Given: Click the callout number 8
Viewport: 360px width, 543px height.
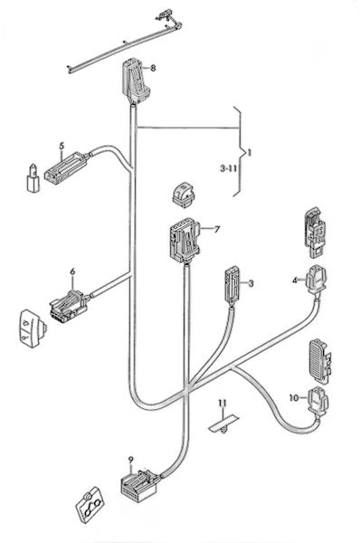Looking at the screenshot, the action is [x=153, y=68].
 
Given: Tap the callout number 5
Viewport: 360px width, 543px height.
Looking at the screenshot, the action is [x=62, y=146].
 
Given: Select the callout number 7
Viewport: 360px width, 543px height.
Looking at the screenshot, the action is [x=217, y=229].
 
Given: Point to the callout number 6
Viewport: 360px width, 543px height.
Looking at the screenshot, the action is [x=72, y=271].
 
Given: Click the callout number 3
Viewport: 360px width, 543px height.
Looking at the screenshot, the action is [x=251, y=283].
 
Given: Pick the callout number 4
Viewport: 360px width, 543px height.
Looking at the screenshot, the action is [x=295, y=281].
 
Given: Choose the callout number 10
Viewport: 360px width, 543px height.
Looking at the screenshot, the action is [x=294, y=398].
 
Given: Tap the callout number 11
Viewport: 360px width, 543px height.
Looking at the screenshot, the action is [x=222, y=403].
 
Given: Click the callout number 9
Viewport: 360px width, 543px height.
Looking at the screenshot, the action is [x=130, y=460].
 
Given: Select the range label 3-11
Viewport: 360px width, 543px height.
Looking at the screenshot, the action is [x=228, y=168].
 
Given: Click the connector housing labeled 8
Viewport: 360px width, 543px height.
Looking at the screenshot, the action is [x=136, y=81].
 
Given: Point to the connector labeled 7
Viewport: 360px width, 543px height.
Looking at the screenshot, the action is [x=185, y=241].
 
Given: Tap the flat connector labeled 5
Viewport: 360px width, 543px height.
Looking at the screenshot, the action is [x=66, y=167].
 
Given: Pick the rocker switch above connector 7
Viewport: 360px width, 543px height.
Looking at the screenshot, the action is [x=184, y=195].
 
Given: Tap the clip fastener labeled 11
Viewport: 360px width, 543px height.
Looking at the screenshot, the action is [x=224, y=424].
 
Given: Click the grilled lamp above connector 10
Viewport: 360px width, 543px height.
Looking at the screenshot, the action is [x=319, y=360].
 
